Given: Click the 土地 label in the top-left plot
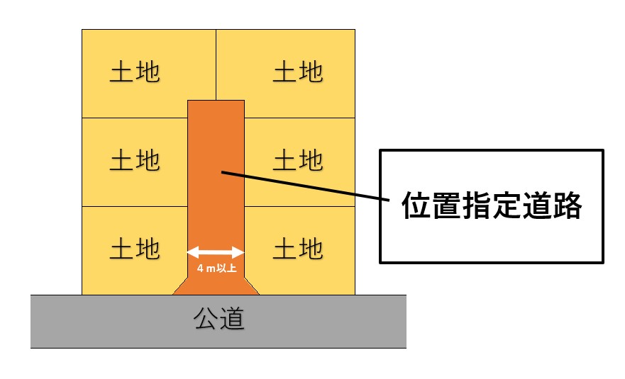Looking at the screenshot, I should tap(135, 72).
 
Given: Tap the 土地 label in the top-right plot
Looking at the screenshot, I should tap(298, 72).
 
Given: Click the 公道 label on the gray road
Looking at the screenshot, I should tap(219, 320).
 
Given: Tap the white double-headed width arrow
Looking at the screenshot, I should tap(216, 251).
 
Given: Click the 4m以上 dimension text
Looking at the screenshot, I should tap(216, 268).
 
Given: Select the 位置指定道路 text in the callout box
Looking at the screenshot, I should tap(492, 206).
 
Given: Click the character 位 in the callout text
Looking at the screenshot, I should tap(416, 206).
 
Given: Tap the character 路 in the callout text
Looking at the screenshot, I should tap(568, 206).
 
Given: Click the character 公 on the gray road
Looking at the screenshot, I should tap(206, 320).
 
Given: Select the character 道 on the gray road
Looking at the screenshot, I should tap(233, 320).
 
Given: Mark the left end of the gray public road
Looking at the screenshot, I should tap(33, 321).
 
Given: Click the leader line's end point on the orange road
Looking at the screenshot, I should tap(222, 171).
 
